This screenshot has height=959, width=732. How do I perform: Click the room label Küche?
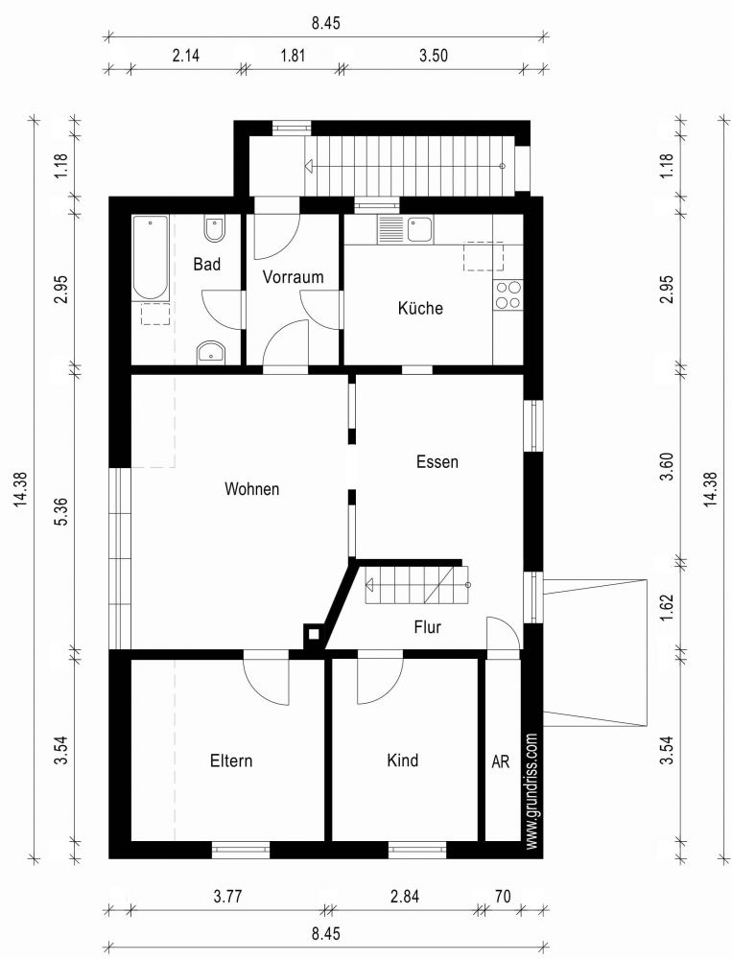click(420, 309)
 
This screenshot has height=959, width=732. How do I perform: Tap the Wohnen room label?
click(251, 489)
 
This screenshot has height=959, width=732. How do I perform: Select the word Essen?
click(437, 461)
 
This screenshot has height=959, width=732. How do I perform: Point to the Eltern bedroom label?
click(231, 760)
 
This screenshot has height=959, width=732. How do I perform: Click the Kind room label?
click(402, 760)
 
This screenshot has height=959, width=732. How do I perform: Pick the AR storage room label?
click(500, 760)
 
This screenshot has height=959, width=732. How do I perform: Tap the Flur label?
click(428, 628)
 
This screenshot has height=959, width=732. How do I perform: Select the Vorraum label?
click(293, 277)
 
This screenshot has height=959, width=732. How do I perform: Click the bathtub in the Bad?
click(151, 257)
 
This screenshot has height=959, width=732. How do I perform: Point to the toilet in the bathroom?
click(214, 231)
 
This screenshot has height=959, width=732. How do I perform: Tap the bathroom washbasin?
click(210, 353)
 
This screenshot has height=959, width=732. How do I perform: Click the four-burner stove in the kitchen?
click(508, 295)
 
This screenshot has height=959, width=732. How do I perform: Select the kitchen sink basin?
click(418, 228)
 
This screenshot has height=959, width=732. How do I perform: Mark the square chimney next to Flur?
click(313, 633)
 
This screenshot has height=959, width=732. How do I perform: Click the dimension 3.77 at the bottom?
click(227, 897)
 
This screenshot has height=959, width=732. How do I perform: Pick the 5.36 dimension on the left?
click(59, 511)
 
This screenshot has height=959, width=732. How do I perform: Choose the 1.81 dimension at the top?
click(293, 56)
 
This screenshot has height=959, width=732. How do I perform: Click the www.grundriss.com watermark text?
click(532, 791)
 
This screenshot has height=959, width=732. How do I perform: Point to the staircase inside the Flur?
click(415, 584)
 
